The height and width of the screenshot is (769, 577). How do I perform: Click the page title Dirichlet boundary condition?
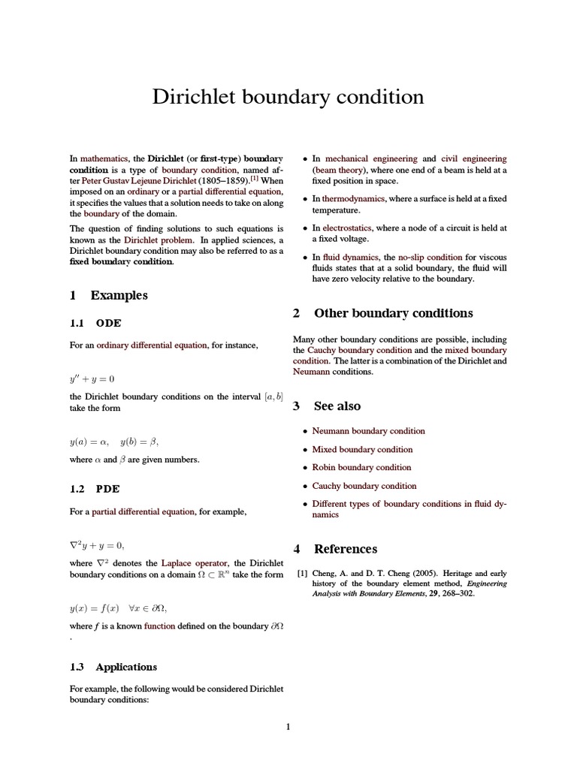[x=288, y=97]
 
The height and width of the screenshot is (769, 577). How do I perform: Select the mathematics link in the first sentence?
[x=104, y=158]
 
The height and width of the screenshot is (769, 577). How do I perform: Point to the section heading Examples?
[x=119, y=295]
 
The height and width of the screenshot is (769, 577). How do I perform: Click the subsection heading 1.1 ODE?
[x=108, y=323]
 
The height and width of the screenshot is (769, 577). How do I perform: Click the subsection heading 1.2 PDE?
[x=108, y=488]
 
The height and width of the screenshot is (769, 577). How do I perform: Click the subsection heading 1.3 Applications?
[x=125, y=667]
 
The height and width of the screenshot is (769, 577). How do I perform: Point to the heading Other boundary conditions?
[x=393, y=313]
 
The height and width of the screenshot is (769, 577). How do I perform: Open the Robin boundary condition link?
[x=362, y=467]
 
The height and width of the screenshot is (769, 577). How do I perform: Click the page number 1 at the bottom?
[x=288, y=726]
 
